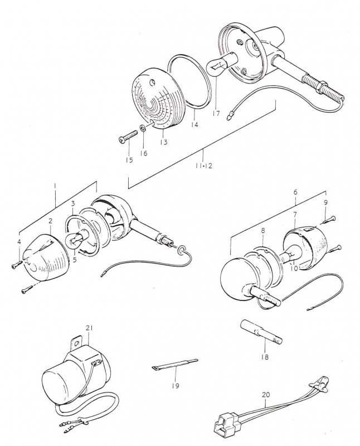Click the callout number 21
click(x=89, y=328)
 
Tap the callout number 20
click(x=266, y=395)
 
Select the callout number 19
click(x=176, y=386)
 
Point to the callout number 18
click(x=265, y=357)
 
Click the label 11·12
click(x=203, y=166)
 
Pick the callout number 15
click(x=129, y=160)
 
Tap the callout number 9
click(x=325, y=202)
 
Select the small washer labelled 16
click(x=143, y=129)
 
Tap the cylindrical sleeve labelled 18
click(x=262, y=332)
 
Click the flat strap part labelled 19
click(x=174, y=364)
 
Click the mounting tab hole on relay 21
click(x=76, y=343)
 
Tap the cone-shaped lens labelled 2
click(x=46, y=258)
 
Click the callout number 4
click(x=19, y=242)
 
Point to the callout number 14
click(x=194, y=124)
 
